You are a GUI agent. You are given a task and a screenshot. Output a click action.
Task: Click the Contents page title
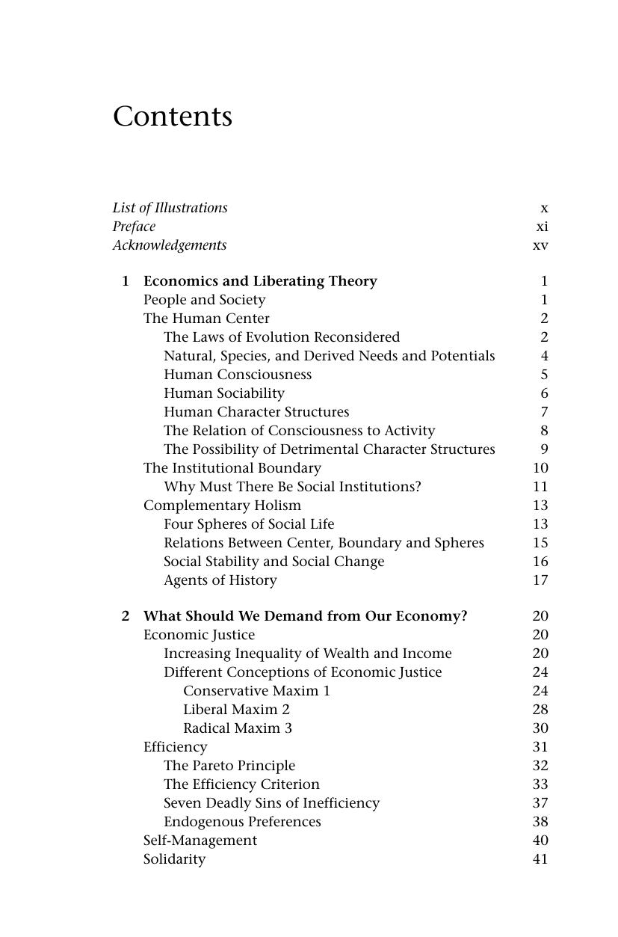(173, 117)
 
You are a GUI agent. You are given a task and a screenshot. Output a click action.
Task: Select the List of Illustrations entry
(170, 208)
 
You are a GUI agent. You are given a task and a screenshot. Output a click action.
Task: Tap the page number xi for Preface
(542, 227)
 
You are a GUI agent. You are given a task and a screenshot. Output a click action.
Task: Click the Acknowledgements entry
(170, 245)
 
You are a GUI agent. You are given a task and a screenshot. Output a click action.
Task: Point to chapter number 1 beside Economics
(126, 281)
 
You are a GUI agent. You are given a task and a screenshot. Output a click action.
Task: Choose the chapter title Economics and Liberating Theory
(260, 281)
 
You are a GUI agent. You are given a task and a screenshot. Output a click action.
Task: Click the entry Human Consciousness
(238, 375)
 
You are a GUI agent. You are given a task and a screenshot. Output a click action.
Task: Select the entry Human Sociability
(224, 393)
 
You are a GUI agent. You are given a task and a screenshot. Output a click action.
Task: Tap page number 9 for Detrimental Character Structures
(544, 449)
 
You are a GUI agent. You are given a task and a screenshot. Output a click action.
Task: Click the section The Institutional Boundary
(232, 468)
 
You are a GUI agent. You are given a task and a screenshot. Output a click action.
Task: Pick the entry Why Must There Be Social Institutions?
(292, 487)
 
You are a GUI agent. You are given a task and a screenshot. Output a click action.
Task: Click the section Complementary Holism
(222, 506)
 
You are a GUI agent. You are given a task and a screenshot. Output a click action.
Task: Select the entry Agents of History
(220, 580)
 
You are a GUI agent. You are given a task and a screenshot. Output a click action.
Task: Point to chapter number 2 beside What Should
(126, 616)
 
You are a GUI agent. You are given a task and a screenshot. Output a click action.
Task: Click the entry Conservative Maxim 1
(256, 691)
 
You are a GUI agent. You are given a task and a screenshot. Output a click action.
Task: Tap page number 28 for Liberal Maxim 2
(540, 710)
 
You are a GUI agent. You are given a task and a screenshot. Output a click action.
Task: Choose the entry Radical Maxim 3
(238, 728)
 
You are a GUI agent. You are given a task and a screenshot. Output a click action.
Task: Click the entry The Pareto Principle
(229, 766)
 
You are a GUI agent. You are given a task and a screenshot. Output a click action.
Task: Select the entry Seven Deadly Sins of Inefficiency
(271, 803)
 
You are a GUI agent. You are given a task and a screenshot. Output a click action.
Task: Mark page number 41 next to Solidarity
(540, 859)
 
